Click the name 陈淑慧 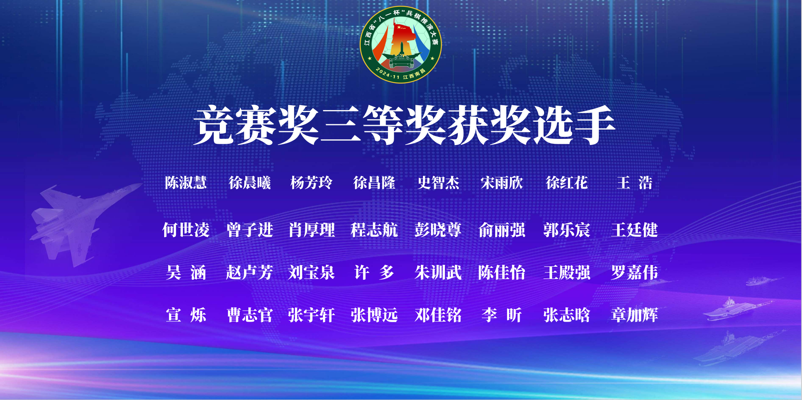coord(186,183)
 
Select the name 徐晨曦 coord(249,183)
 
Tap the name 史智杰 coord(438,183)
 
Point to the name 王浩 coord(634,183)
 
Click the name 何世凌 coord(186,230)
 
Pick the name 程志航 coord(374,230)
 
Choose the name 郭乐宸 coord(567,230)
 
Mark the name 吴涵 coord(186,272)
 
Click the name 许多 coord(374,272)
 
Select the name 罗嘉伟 coord(634,272)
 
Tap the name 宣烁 coord(186,315)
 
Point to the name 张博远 coord(374,315)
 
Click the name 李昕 coord(502,315)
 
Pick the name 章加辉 coord(634,315)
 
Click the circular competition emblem coord(401,45)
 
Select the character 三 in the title coord(341,125)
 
